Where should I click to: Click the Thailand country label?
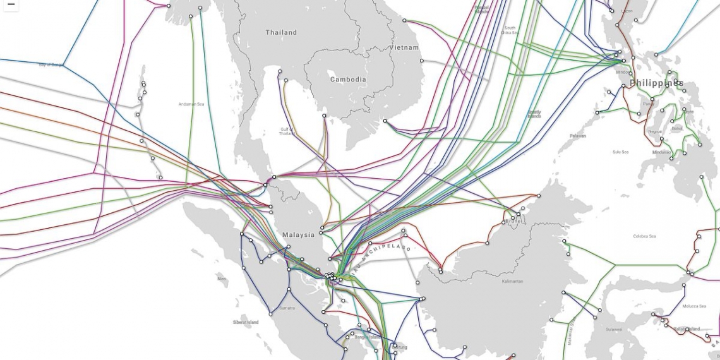281,32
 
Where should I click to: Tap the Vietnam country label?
404,48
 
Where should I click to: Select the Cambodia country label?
348,80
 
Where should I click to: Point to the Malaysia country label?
298,235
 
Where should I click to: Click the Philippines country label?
656,83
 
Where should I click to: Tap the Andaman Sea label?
191,104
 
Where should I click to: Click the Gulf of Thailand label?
288,131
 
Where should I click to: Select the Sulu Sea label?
620,152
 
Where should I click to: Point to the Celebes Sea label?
644,236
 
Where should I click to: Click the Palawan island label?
577,136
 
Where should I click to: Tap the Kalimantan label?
513,281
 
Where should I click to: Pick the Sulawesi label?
613,329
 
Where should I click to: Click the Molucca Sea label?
694,306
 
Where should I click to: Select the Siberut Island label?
245,322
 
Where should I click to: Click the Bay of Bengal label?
51,64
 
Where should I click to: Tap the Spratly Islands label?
534,114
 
